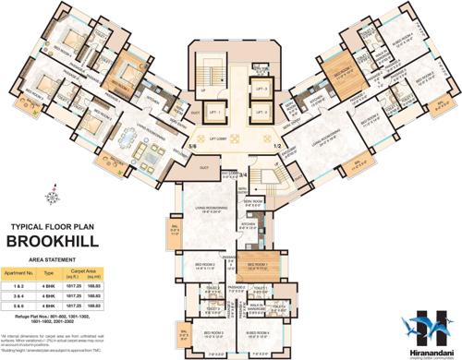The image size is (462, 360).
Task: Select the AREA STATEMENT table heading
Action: pos(56,261)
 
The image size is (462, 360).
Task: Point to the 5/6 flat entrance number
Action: pos(192,146)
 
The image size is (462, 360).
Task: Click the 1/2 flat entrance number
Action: pos(275,144)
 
